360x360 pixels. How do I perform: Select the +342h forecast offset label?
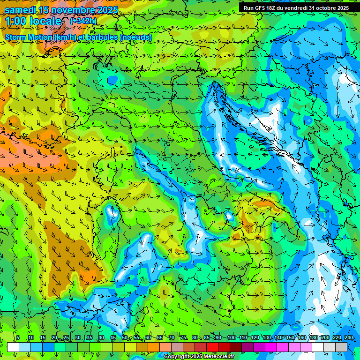83,21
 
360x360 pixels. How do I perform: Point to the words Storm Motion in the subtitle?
28,37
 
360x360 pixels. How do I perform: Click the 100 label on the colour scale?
231,337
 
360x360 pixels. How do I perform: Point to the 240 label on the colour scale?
348,337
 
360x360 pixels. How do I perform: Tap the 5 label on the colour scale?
18,337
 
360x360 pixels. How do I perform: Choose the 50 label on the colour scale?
125,337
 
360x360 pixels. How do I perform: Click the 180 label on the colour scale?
313,337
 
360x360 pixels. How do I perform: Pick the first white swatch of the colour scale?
13,347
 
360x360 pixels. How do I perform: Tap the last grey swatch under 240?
341,347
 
